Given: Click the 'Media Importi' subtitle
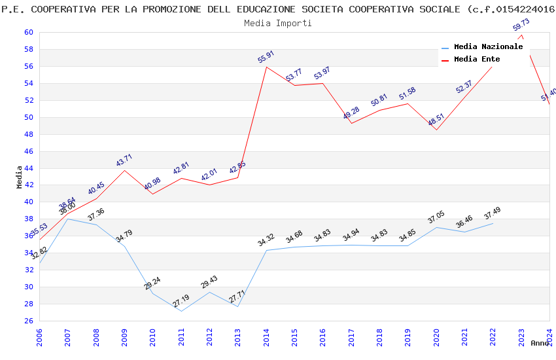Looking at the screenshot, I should (277, 23).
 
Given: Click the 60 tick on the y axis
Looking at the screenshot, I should (29, 32).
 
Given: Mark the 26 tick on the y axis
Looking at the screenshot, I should (29, 321).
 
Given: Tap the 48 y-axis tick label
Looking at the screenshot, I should (29, 134).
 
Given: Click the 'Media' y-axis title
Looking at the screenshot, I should (20, 176).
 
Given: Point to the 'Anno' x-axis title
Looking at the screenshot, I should (540, 343).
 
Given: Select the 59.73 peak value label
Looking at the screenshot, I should (521, 25).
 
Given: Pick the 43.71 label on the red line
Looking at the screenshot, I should (124, 160).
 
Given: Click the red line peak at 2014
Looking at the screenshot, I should (266, 67).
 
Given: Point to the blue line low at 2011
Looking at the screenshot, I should (181, 311).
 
